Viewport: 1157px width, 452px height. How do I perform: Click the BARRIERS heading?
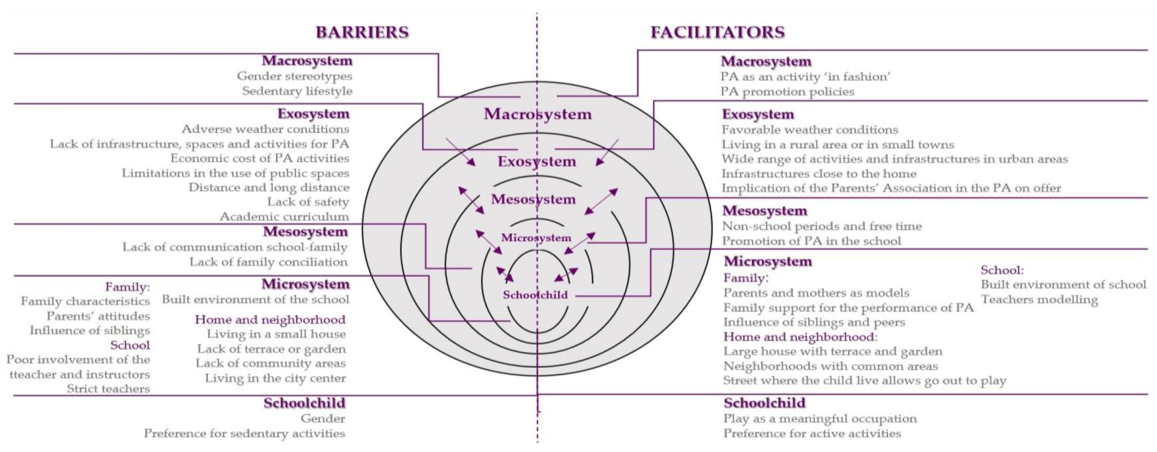362,32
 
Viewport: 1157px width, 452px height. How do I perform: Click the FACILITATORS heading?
717,32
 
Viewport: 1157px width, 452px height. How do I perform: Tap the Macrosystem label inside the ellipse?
538,114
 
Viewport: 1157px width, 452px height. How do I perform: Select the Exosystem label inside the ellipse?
537,162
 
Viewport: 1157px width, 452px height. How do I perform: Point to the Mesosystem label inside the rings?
533,199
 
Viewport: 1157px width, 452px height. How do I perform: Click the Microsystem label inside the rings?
536,238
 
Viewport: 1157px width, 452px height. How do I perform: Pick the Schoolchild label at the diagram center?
535,295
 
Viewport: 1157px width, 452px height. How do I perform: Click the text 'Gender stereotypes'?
294,76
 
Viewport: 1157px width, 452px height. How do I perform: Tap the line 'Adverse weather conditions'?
265,129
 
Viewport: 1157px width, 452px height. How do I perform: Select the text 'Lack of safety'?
308,202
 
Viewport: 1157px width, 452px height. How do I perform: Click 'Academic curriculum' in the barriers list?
285,217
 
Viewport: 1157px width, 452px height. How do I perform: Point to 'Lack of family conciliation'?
268,262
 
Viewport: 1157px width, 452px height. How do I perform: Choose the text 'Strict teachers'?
108,389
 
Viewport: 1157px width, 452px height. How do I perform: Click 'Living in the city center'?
275,378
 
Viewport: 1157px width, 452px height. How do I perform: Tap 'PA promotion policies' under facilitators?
787,92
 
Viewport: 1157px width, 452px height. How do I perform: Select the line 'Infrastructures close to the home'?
819,174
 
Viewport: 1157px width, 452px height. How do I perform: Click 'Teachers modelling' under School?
1039,300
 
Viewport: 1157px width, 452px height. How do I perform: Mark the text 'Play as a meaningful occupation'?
820,418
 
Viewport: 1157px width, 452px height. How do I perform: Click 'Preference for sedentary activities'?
244,434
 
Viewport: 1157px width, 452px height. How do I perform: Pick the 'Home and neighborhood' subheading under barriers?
270,320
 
